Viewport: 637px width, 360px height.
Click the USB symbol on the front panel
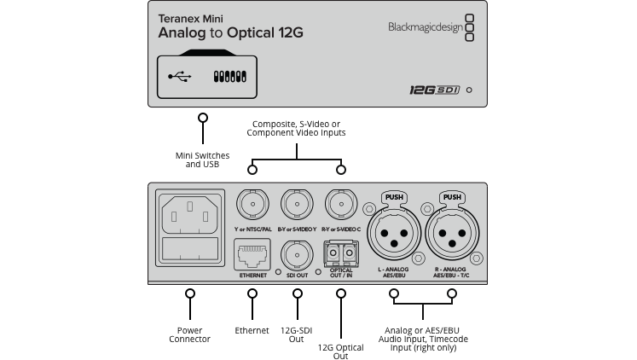(x=180, y=77)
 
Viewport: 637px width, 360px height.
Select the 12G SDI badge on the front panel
(x=434, y=89)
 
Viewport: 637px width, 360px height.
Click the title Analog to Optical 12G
(x=230, y=33)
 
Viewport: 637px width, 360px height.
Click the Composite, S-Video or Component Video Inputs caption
(x=296, y=129)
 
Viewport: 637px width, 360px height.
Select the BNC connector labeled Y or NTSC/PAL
(x=252, y=205)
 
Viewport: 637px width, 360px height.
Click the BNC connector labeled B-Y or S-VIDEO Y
(x=297, y=205)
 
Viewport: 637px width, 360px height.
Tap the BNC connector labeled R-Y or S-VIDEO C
(x=341, y=205)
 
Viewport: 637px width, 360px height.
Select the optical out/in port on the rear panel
(x=341, y=254)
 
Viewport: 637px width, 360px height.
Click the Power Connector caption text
(x=190, y=334)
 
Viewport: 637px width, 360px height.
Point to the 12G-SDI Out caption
(x=298, y=334)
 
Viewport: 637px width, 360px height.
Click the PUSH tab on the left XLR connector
(x=394, y=197)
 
